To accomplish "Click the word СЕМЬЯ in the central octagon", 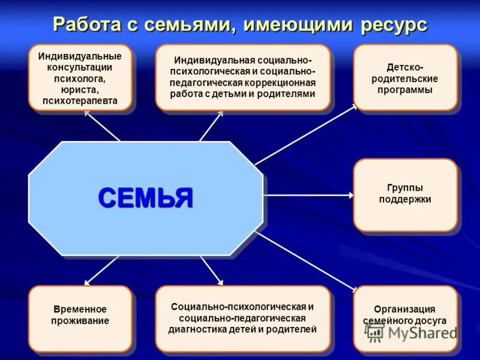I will point(146,197).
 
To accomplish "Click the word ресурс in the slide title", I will point(394,25).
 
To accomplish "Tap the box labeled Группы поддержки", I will point(405,194).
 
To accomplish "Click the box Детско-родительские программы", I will point(405,78).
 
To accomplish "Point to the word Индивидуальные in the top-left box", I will point(80,56).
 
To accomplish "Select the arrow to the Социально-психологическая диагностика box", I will point(212,271).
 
